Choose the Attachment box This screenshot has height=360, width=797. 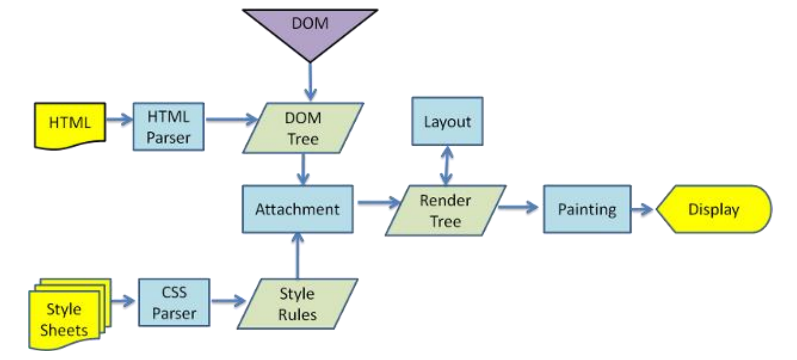tap(298, 209)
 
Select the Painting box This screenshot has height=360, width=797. tap(586, 209)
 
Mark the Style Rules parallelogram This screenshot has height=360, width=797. tap(297, 303)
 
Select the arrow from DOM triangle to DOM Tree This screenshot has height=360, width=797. tap(310, 80)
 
